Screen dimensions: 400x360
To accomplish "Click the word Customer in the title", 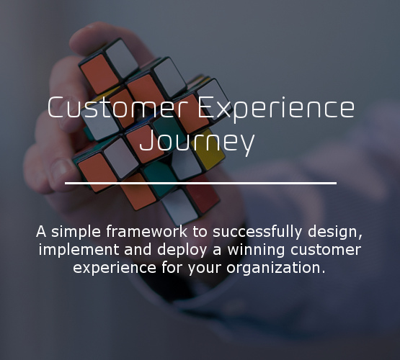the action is (x=117, y=107).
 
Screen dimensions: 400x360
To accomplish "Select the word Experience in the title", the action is (x=276, y=109).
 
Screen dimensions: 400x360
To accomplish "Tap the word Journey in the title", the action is (x=197, y=141).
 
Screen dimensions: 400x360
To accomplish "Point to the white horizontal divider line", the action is (x=200, y=183).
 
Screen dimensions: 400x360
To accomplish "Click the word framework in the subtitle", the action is (x=146, y=231).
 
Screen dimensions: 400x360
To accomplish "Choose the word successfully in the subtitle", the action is (x=257, y=232).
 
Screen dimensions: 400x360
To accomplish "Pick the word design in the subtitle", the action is (x=335, y=232).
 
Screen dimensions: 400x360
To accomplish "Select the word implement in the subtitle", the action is (x=79, y=250).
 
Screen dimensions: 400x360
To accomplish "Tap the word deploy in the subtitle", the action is (x=182, y=250).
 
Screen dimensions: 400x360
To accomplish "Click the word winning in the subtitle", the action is (x=256, y=250).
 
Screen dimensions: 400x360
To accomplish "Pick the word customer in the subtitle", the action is (x=326, y=250).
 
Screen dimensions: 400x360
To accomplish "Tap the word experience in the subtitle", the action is (x=115, y=268).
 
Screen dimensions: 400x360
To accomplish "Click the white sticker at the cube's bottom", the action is (x=180, y=207).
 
